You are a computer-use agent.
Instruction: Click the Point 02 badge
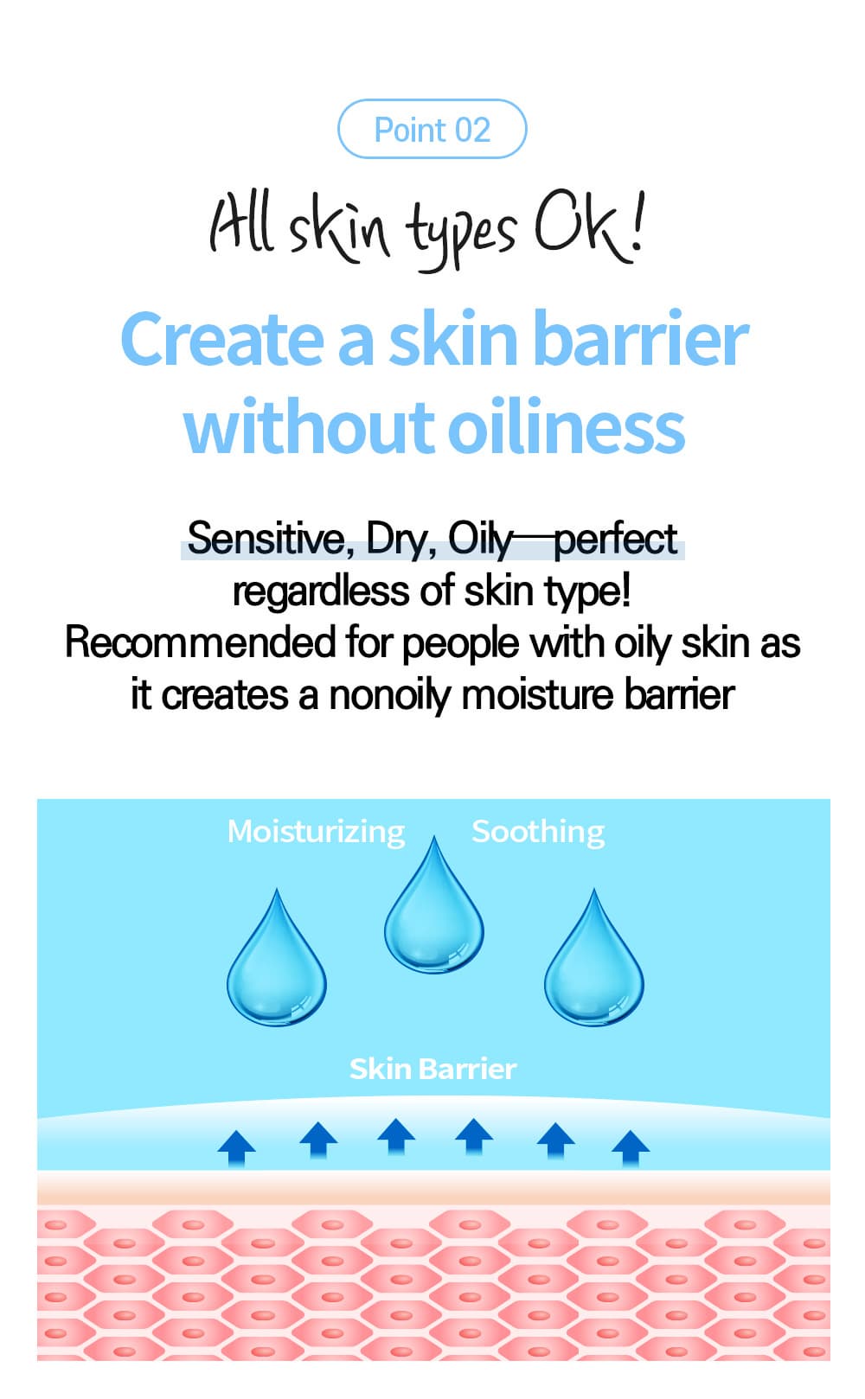[x=432, y=129]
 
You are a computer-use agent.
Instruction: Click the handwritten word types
[x=461, y=235]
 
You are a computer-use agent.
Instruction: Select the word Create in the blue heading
[x=222, y=338]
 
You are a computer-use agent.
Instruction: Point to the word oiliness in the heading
[x=567, y=426]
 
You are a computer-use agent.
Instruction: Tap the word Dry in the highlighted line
[x=400, y=540]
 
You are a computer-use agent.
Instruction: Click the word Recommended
[x=200, y=642]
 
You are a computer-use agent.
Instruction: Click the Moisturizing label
[x=317, y=832]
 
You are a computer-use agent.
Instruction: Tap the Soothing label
[x=538, y=832]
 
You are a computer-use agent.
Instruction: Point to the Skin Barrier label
[x=432, y=1069]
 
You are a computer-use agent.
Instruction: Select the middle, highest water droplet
[x=433, y=904]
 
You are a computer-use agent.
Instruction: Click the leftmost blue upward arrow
[x=236, y=1148]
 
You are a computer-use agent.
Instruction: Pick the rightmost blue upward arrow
[x=631, y=1148]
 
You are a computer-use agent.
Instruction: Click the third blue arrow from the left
[x=396, y=1137]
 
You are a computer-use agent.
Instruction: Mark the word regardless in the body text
[x=320, y=591]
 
